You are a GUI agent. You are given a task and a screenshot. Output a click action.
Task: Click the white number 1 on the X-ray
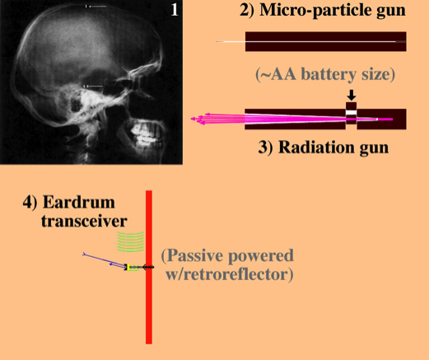tap(175, 10)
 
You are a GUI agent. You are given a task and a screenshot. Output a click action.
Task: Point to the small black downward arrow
tap(352, 95)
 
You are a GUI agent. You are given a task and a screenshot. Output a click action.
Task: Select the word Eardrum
tap(79, 203)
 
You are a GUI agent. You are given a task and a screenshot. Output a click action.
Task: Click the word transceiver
tap(84, 222)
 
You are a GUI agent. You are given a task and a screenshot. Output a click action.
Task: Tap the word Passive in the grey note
tap(192, 255)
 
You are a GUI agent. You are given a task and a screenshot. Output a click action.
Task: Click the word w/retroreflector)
tap(230, 274)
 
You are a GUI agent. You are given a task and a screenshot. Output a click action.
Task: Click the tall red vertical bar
tap(149, 267)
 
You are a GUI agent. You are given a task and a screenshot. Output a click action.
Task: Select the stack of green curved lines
tap(131, 241)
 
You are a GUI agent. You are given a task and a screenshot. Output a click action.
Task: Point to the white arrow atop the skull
tap(96, 7)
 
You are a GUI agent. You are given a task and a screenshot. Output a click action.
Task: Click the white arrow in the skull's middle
tap(94, 86)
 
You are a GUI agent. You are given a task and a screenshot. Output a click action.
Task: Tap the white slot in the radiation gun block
tap(351, 112)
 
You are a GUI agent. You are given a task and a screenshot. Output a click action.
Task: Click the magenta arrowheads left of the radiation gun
tap(199, 119)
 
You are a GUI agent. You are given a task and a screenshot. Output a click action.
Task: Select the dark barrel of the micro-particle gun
tap(326, 41)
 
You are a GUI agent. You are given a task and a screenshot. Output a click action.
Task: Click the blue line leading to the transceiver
tap(104, 260)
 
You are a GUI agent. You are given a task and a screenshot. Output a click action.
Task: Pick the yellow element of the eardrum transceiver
tap(128, 267)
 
